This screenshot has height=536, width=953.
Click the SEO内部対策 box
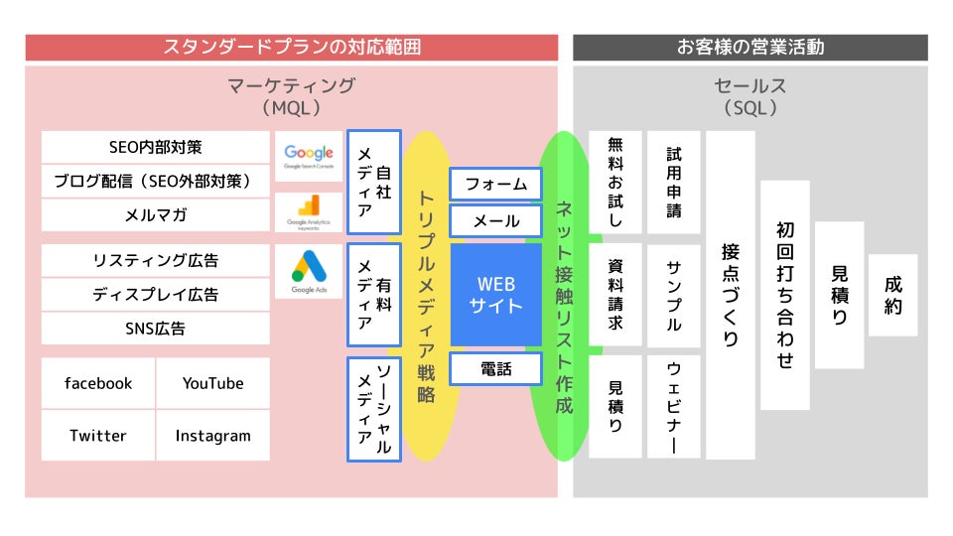(155, 147)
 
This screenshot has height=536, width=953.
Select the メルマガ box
(155, 214)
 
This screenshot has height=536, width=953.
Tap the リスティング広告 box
(155, 261)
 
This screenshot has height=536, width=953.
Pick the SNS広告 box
(155, 329)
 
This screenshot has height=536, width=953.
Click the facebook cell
(98, 383)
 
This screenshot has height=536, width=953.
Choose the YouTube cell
(212, 383)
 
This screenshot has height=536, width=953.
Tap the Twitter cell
(98, 436)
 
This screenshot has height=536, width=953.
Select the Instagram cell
(212, 436)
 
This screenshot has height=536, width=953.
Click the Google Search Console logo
(309, 156)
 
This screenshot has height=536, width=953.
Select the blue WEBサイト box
(495, 295)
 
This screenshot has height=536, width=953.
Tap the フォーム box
(495, 185)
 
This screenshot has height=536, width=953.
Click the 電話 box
(495, 369)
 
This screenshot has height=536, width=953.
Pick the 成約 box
(892, 295)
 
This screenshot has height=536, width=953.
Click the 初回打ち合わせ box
(785, 295)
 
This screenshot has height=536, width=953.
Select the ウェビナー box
(674, 407)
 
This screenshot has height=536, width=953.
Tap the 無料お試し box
(615, 183)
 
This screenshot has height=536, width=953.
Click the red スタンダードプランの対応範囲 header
(292, 47)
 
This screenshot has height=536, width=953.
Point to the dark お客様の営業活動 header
(750, 47)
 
